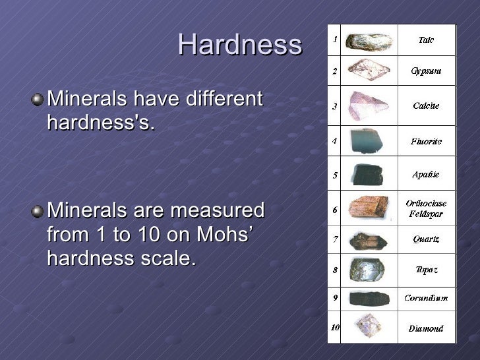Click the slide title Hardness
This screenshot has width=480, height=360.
click(239, 45)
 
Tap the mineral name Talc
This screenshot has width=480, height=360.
click(426, 40)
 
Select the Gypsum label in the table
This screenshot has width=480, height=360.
click(426, 71)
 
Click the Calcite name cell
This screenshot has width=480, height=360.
click(426, 105)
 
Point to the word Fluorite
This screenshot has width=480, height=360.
click(426, 141)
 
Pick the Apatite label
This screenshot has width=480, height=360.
click(426, 175)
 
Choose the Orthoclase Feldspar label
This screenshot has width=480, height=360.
click(426, 208)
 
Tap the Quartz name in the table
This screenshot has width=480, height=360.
click(426, 239)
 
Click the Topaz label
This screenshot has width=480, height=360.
click(426, 270)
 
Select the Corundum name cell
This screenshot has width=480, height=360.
click(426, 298)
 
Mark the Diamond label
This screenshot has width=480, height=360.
click(426, 328)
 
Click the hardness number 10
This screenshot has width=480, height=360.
click(335, 328)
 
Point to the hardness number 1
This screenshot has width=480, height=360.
click(335, 40)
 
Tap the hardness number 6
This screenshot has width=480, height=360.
click(335, 210)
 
